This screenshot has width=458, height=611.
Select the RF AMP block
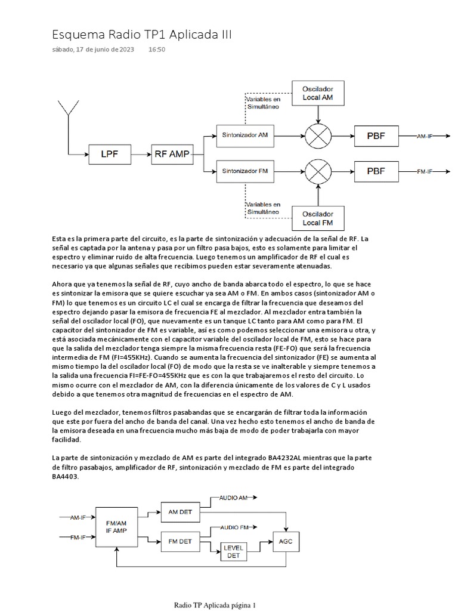pyautogui.click(x=172, y=155)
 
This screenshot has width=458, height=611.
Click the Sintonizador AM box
pyautogui.click(x=245, y=135)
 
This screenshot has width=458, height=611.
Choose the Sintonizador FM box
pyautogui.click(x=245, y=171)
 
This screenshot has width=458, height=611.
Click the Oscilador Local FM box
pyautogui.click(x=317, y=218)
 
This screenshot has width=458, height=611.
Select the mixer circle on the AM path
pyautogui.click(x=317, y=136)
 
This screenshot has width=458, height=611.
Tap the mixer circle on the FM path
pyautogui.click(x=317, y=171)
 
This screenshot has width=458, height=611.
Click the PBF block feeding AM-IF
pyautogui.click(x=376, y=136)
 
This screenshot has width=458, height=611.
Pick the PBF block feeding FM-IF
pyautogui.click(x=376, y=171)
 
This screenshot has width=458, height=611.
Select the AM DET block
pyautogui.click(x=180, y=512)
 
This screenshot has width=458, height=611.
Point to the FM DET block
pyautogui.click(x=180, y=541)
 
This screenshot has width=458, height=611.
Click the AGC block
pyautogui.click(x=286, y=541)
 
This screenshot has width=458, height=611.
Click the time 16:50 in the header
pyautogui.click(x=157, y=50)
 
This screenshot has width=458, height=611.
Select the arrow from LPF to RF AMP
pyautogui.click(x=140, y=155)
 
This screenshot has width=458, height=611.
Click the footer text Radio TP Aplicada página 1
pyautogui.click(x=215, y=605)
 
